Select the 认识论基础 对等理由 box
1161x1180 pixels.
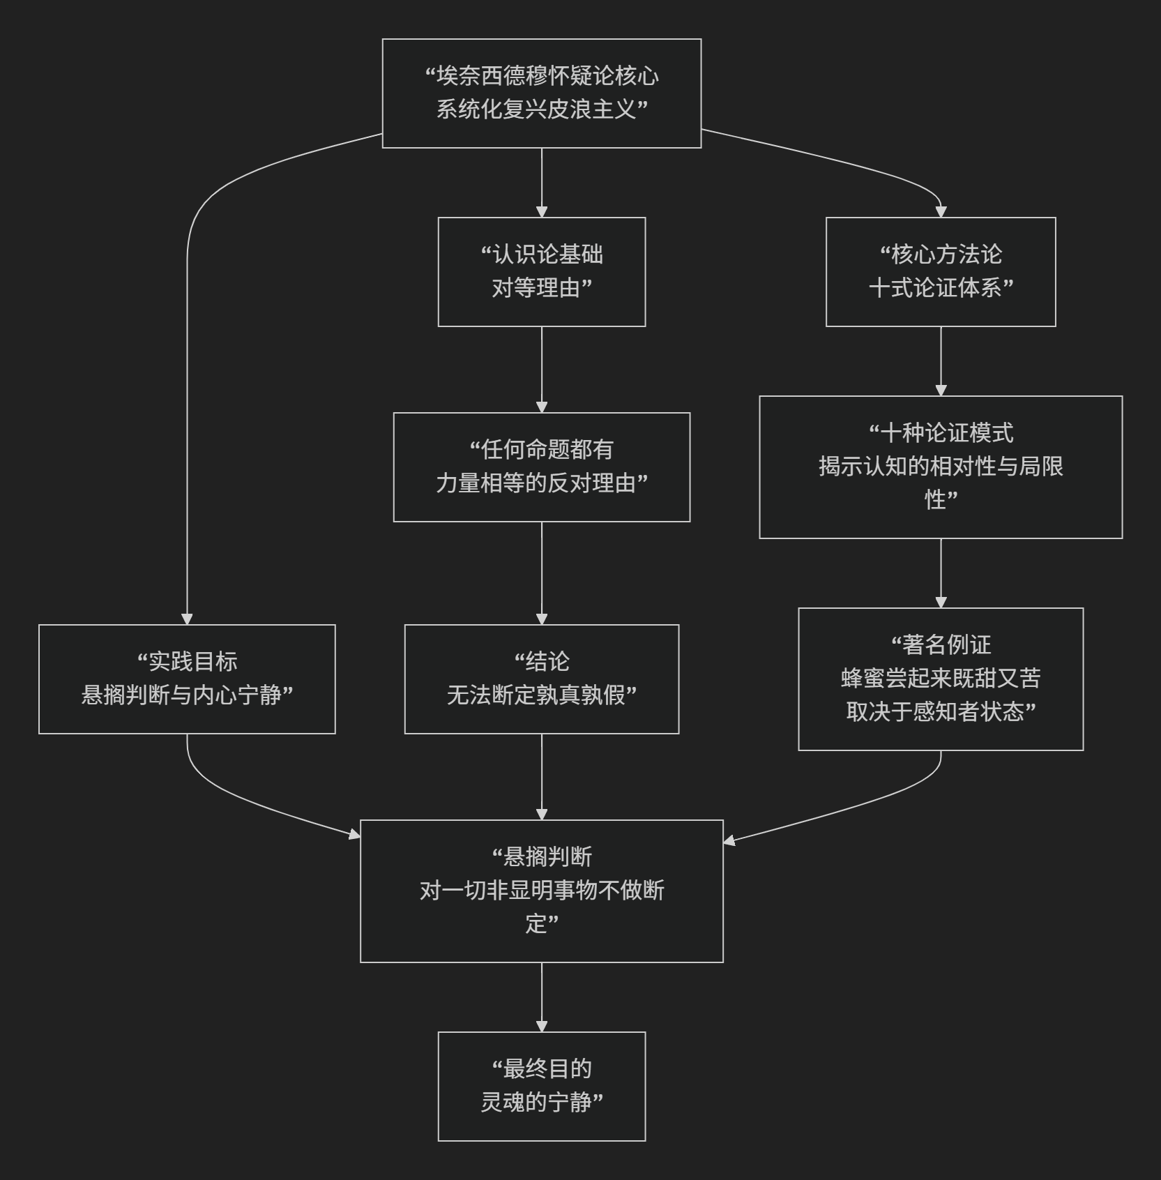coord(541,271)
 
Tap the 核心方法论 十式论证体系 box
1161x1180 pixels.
coord(940,271)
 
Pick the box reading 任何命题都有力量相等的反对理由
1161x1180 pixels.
coord(541,467)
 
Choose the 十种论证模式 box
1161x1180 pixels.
coord(940,467)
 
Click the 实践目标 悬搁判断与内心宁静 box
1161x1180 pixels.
coord(187,679)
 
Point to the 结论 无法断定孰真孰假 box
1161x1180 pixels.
coord(541,679)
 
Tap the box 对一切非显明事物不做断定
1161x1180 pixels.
coord(541,891)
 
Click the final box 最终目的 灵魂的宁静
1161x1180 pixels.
coord(541,1086)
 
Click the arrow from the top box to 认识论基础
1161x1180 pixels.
coord(541,181)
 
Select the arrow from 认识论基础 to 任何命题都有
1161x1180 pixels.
coord(541,369)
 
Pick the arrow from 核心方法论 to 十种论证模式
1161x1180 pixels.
coord(941,361)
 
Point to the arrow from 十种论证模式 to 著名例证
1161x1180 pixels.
coord(941,573)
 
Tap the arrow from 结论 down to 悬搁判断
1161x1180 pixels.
coord(541,776)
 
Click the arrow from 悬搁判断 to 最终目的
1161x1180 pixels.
coord(541,997)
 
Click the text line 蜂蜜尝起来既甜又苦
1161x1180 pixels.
coord(940,678)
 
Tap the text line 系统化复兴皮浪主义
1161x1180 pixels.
coord(541,109)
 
